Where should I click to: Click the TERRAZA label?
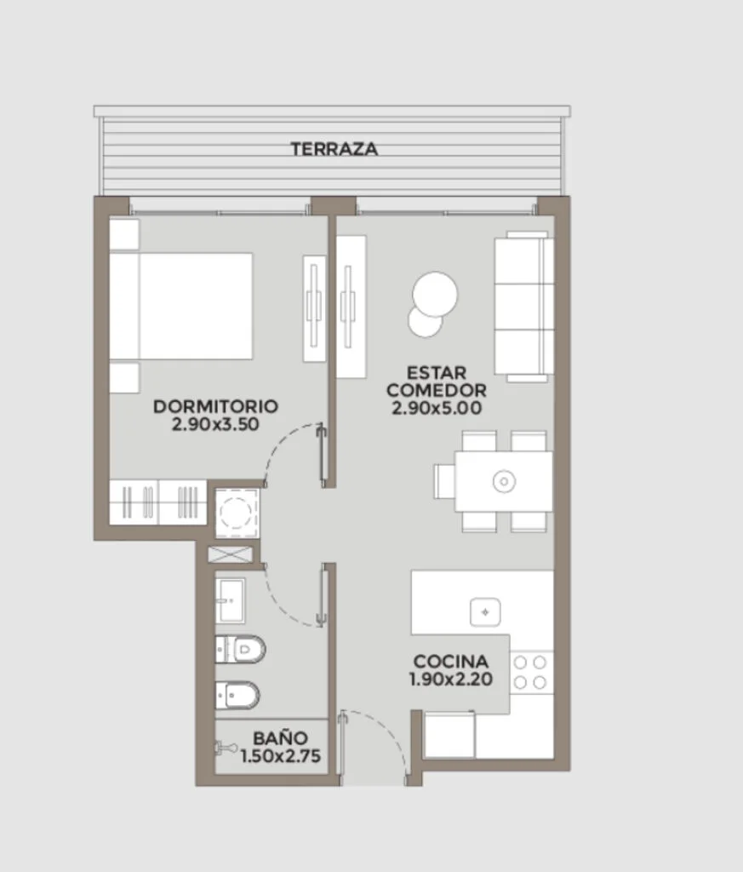[334, 149]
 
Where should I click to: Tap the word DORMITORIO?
[215, 406]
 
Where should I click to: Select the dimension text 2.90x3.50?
[215, 424]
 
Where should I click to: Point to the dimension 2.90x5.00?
[437, 408]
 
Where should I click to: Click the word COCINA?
[451, 662]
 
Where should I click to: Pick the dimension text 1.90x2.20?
[451, 680]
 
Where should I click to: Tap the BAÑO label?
[280, 738]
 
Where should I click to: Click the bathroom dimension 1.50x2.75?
[281, 756]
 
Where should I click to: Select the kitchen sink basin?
[485, 612]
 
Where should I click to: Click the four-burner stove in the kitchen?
[529, 673]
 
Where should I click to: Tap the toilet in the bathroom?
[240, 649]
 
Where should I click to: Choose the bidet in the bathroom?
[237, 695]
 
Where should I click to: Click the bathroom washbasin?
[230, 600]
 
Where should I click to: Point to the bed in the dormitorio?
[181, 307]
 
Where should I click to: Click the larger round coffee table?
[435, 295]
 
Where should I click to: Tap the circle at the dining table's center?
[504, 482]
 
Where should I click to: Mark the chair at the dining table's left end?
[444, 482]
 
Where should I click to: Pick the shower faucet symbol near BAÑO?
[225, 748]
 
